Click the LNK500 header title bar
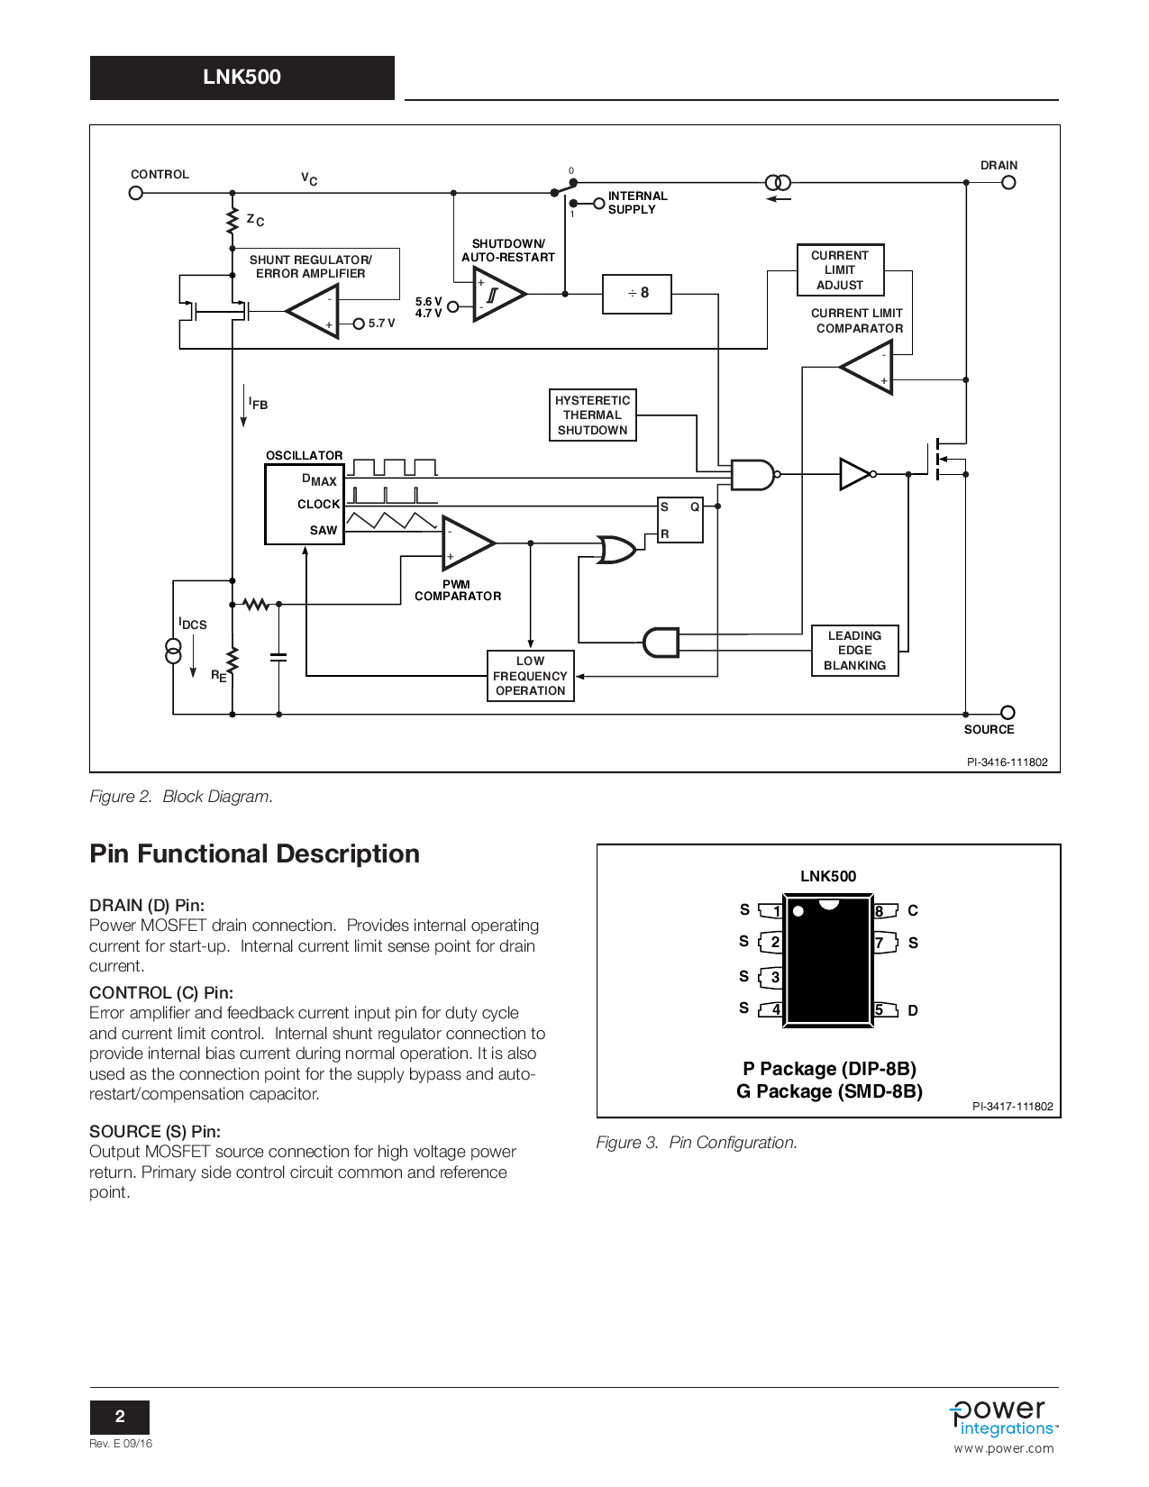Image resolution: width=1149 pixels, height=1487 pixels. pyautogui.click(x=242, y=78)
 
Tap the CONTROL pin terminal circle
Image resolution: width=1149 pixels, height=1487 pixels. pyautogui.click(x=136, y=193)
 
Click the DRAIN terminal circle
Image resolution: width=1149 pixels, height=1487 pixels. pyautogui.click(x=1008, y=183)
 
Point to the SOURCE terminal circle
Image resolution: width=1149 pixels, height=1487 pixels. pyautogui.click(x=1008, y=712)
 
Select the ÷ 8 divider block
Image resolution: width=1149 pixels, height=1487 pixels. pyautogui.click(x=637, y=294)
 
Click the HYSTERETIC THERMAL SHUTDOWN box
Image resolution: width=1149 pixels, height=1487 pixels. pyautogui.click(x=592, y=415)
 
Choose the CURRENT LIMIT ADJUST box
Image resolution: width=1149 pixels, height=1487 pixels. pyautogui.click(x=840, y=270)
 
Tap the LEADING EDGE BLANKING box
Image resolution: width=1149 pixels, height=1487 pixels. pyautogui.click(x=854, y=651)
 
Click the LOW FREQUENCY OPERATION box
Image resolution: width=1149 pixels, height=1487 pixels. pyautogui.click(x=530, y=676)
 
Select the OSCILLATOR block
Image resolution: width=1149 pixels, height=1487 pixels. pyautogui.click(x=305, y=505)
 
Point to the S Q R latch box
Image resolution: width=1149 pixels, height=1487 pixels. pyautogui.click(x=680, y=520)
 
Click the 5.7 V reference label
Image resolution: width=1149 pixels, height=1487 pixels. pyautogui.click(x=381, y=324)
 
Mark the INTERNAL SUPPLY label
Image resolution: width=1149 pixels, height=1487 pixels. pyautogui.click(x=637, y=203)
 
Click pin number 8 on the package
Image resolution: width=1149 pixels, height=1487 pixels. pyautogui.click(x=880, y=911)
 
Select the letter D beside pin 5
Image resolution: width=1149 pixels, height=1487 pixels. pyautogui.click(x=913, y=1011)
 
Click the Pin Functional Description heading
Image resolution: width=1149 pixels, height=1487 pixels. pyautogui.click(x=254, y=853)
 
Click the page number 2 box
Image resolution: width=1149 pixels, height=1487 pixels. pyautogui.click(x=120, y=1417)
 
